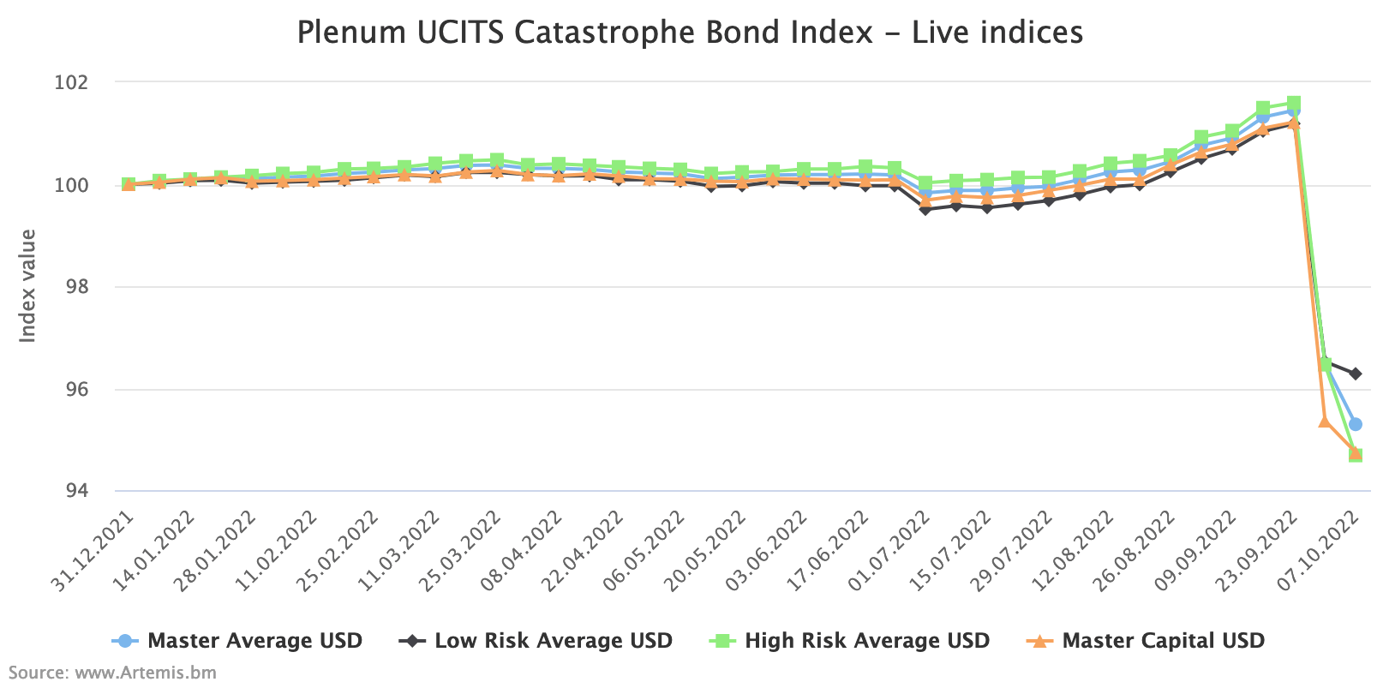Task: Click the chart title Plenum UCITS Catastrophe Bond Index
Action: [690, 33]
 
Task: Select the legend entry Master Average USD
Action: [254, 641]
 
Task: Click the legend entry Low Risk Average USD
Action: [553, 641]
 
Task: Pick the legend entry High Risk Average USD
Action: [866, 641]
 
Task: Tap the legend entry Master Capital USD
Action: [1162, 641]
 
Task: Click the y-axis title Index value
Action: [28, 286]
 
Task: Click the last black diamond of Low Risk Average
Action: [1356, 374]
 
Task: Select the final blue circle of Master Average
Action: [1356, 424]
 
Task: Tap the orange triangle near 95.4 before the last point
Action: [1325, 421]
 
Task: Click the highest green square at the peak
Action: [1294, 104]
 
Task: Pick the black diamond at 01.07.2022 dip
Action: [925, 209]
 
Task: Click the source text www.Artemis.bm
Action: [146, 673]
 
